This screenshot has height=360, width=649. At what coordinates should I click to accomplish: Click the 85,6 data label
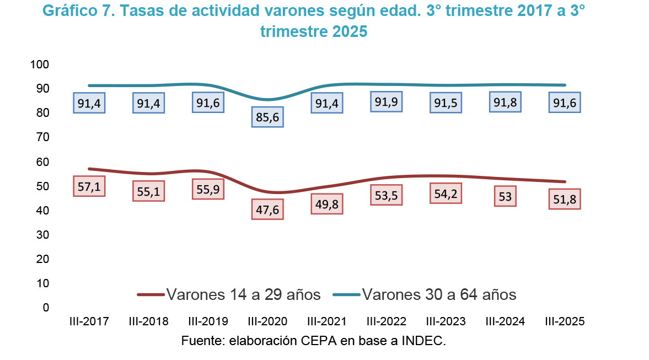267,117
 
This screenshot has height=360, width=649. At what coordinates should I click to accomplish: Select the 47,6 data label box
267,209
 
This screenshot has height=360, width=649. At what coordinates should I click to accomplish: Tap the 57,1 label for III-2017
89,186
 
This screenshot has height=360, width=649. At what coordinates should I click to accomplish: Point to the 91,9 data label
387,102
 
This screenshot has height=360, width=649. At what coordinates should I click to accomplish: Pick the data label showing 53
505,196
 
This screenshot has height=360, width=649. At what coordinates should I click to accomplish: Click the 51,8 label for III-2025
564,199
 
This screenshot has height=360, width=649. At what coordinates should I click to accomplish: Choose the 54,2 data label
446,193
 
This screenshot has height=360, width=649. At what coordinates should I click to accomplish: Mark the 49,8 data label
327,203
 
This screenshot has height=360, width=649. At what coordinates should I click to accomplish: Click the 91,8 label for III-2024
505,102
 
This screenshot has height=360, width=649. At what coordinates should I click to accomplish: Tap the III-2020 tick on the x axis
267,321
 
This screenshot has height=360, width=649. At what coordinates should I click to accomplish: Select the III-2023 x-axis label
446,321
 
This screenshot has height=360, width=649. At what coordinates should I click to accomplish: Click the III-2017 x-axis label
89,321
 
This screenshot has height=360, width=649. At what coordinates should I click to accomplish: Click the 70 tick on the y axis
44,137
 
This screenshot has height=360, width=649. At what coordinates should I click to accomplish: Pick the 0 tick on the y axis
46,307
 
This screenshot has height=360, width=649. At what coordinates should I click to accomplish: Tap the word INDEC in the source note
426,341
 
